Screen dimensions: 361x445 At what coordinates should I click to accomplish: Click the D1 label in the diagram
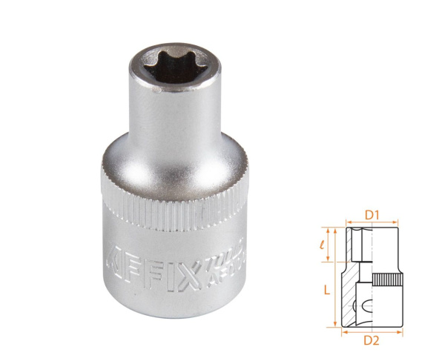click(372, 216)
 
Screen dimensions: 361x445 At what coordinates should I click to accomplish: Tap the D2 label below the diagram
click(373, 342)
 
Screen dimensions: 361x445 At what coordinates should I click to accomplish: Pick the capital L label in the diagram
click(326, 291)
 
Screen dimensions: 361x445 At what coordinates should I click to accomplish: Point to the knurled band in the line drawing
click(385, 282)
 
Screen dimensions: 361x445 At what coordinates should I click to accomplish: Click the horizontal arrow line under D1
click(372, 222)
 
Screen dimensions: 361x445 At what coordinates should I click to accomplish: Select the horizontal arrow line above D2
click(372, 333)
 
